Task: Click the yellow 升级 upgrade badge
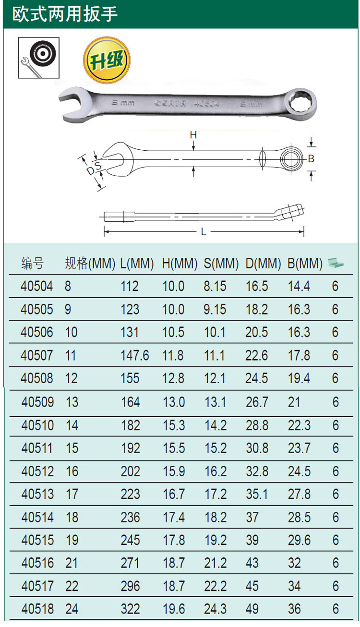point(107,60)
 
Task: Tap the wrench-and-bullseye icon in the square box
point(38,58)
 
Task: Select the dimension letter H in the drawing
point(193,135)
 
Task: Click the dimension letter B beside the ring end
point(311,159)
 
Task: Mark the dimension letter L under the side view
point(204,232)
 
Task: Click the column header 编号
point(33,264)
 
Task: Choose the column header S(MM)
point(221,264)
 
